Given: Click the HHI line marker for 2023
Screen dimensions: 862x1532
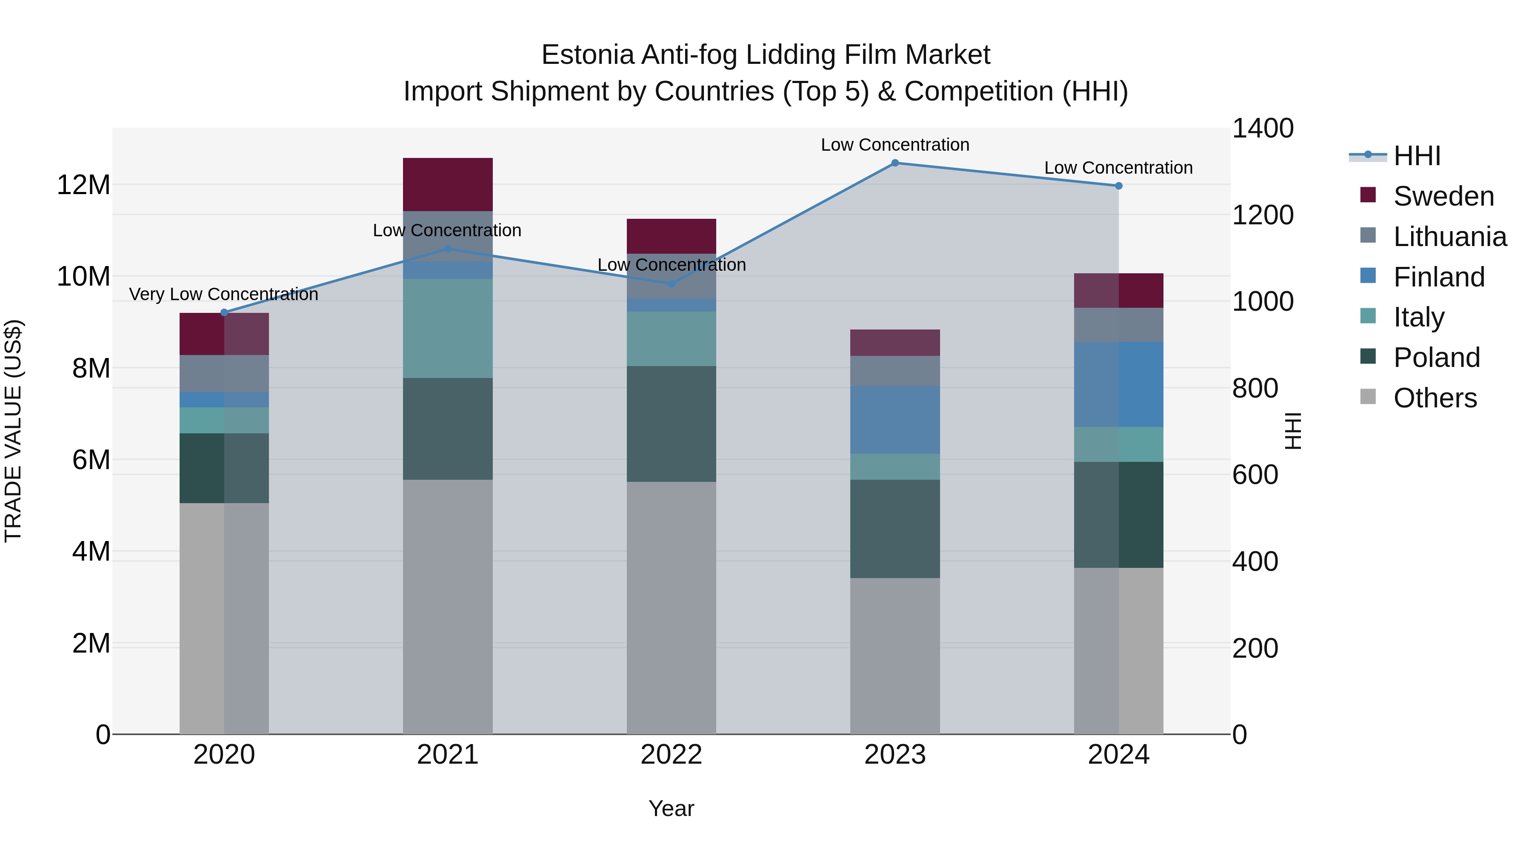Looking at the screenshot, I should tap(895, 163).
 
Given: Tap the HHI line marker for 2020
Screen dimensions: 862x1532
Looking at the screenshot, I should tap(224, 312).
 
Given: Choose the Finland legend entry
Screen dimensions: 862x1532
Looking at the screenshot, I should tap(1439, 277).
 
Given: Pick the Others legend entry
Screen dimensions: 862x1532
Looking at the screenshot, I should tap(1435, 398).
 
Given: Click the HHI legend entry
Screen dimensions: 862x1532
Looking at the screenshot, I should tap(1417, 156).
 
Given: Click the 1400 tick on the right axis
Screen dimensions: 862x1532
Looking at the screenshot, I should tap(1262, 129).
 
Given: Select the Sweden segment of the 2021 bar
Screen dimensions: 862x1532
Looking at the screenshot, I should tap(448, 184).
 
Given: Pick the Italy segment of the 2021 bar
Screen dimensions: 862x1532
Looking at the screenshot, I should tap(448, 328).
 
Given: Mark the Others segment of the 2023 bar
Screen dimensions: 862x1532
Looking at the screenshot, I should tap(895, 656).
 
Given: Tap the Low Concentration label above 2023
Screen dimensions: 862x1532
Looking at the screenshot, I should tap(895, 145).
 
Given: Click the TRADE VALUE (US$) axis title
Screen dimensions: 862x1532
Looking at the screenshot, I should tap(13, 431).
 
